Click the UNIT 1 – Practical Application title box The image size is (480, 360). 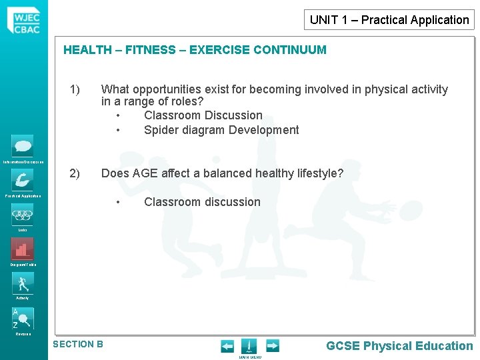[389, 20]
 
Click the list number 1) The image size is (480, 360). [75, 89]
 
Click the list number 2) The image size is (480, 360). [75, 174]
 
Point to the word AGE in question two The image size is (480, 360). [145, 174]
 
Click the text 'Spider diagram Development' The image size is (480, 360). [221, 130]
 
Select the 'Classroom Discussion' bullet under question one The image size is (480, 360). [203, 115]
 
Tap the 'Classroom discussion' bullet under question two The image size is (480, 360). [202, 202]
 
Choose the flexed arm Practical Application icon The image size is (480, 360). [23, 181]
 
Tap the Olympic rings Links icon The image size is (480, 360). [23, 215]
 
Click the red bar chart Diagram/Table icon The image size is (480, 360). [23, 249]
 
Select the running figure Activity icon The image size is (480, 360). [23, 283]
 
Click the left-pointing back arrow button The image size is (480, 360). [227, 346]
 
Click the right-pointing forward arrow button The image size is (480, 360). [272, 346]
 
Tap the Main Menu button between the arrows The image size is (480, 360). [249, 347]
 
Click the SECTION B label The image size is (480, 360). [78, 344]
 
